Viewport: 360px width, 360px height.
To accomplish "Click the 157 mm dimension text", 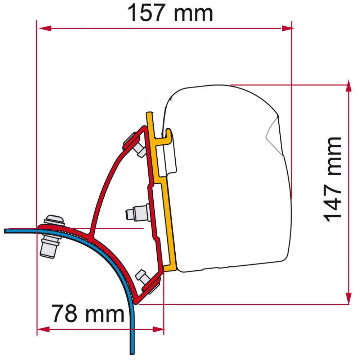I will [x=170, y=14].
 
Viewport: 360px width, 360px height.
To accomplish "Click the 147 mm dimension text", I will [x=332, y=179].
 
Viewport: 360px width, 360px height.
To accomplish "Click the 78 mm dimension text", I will [x=87, y=313].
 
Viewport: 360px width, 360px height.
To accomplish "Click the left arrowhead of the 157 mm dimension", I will [x=44, y=28].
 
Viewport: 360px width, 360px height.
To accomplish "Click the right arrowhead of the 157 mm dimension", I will [x=286, y=28].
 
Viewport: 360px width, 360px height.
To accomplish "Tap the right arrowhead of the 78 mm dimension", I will [x=158, y=329].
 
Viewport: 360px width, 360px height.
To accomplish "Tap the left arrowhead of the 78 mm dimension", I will [x=43, y=329].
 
